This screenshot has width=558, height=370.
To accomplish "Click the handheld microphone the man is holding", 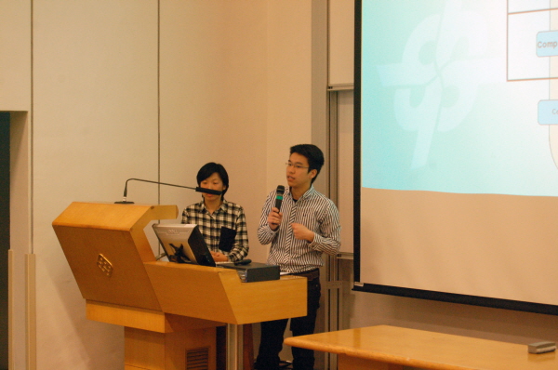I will pyautogui.click(x=279, y=196).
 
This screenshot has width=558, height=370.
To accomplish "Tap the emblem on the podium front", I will pyautogui.click(x=104, y=265).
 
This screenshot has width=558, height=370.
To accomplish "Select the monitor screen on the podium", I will pyautogui.click(x=177, y=244).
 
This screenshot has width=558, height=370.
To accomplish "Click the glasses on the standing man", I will pyautogui.click(x=297, y=166).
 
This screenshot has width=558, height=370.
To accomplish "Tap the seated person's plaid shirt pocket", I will pyautogui.click(x=227, y=239).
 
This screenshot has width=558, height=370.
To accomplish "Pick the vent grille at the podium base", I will pyautogui.click(x=197, y=358).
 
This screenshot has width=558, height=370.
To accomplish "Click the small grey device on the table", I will pyautogui.click(x=541, y=347).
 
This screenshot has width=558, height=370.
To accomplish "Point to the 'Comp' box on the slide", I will pyautogui.click(x=547, y=43).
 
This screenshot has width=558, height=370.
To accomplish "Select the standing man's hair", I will pyautogui.click(x=307, y=152).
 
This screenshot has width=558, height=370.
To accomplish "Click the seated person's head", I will pyautogui.click(x=213, y=179).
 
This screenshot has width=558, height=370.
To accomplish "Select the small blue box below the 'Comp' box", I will pyautogui.click(x=548, y=112).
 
